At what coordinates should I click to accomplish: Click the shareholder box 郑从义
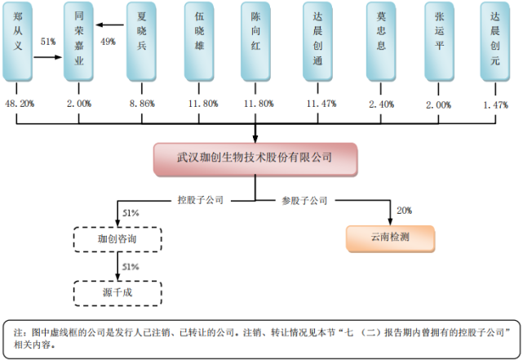coord(18,41)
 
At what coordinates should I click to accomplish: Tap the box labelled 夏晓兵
coord(142,41)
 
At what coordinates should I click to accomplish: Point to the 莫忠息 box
coord(380,41)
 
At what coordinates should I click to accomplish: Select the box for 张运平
coord(441,41)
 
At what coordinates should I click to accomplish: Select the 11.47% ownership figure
coord(317,104)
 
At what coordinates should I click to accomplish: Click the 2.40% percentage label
coord(380,104)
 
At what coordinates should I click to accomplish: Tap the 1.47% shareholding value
coord(495,104)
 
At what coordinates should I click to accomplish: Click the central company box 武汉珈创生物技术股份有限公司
coord(255,158)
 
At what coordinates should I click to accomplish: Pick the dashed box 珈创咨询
coord(119,238)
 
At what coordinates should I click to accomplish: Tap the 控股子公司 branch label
coord(201,198)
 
